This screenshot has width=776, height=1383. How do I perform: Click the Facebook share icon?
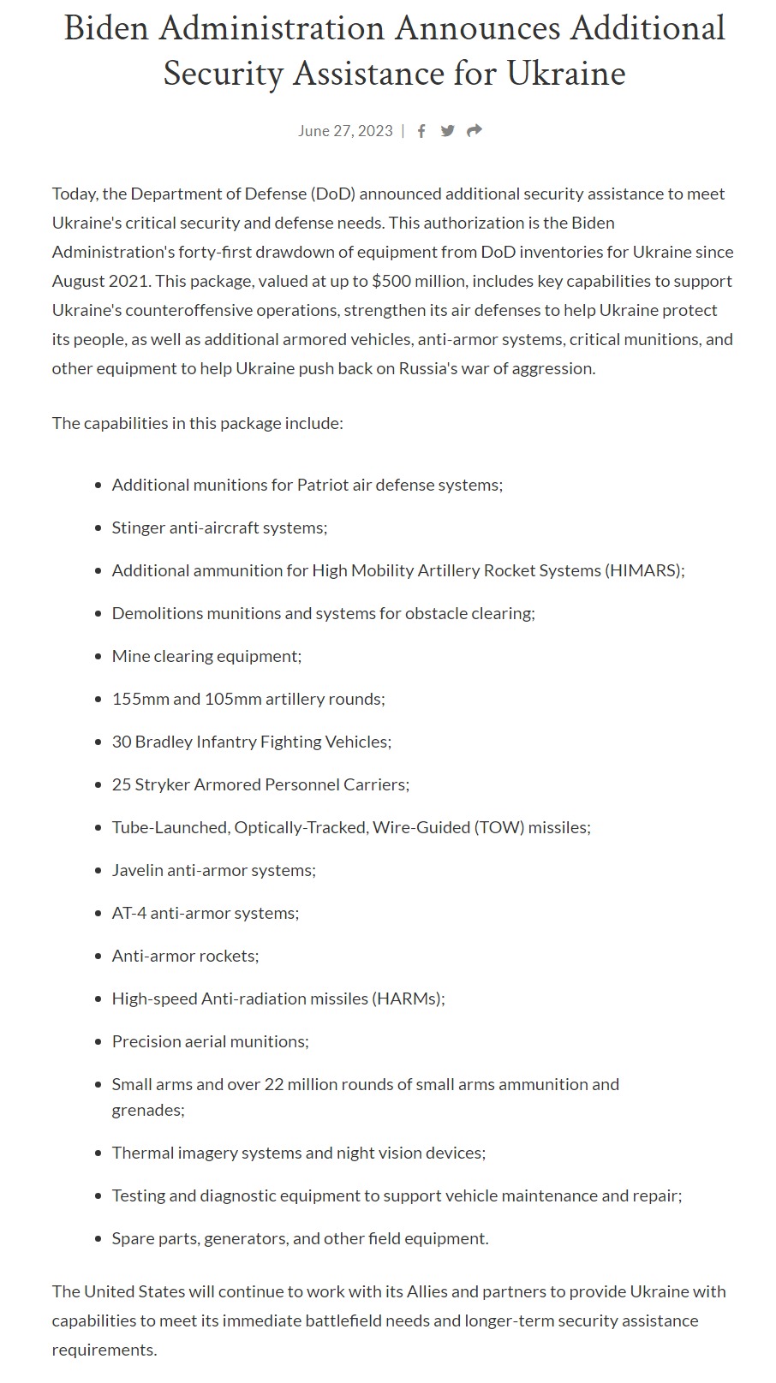click(x=421, y=131)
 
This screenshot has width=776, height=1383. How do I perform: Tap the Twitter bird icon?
click(x=447, y=131)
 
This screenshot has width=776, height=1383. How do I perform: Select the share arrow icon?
click(x=475, y=131)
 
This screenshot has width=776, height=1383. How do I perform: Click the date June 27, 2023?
click(x=345, y=131)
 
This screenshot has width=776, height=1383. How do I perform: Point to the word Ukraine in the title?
click(x=566, y=74)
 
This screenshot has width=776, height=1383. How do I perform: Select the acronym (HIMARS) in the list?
click(x=644, y=570)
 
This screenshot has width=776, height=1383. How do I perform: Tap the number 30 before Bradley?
click(x=121, y=742)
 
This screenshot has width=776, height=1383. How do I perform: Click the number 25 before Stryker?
click(x=121, y=784)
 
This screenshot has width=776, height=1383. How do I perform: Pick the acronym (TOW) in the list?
click(x=498, y=827)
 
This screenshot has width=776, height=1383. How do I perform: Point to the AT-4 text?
click(x=128, y=913)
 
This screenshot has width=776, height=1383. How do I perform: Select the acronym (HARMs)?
click(x=409, y=999)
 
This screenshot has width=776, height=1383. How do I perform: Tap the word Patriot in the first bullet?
click(x=323, y=485)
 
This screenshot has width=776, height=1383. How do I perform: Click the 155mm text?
click(x=140, y=699)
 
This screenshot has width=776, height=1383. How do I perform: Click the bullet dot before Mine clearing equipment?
click(x=98, y=657)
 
